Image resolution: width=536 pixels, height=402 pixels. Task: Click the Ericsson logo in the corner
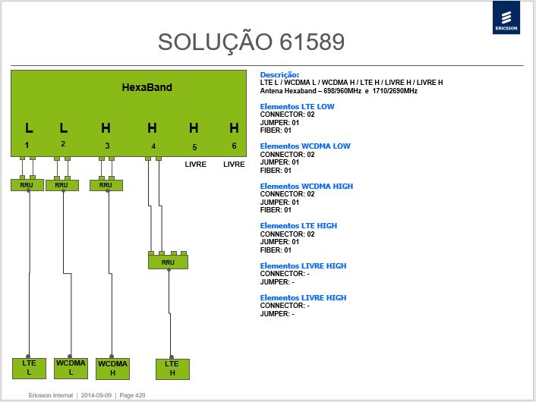506,17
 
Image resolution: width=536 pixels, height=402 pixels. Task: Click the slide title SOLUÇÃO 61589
251,42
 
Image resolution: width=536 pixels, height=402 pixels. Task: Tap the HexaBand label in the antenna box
147,87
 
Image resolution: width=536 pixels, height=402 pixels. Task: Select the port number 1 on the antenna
27,145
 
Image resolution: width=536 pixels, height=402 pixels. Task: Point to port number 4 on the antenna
153,146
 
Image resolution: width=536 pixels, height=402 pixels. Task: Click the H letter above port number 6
234,128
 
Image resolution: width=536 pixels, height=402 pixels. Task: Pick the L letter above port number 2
64,128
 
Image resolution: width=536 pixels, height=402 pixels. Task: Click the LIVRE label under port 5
196,165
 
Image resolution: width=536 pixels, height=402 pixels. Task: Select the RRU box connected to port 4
168,262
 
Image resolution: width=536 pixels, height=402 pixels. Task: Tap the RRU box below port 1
27,185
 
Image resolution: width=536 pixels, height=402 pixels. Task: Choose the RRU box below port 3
106,185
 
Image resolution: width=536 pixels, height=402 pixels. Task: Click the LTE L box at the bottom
29,368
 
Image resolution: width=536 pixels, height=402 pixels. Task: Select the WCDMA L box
71,368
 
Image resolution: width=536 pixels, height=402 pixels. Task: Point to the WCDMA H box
112,369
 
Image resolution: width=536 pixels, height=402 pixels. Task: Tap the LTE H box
172,369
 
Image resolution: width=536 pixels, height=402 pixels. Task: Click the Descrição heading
279,74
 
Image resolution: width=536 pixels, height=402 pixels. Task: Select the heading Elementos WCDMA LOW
305,146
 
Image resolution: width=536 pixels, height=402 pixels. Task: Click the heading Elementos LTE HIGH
298,226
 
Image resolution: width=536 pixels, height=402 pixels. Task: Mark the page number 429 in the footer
132,395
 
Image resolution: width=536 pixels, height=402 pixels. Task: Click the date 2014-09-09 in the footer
96,395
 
